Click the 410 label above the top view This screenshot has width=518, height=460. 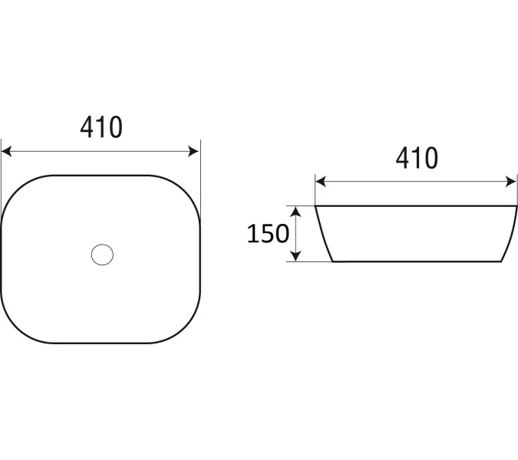101,127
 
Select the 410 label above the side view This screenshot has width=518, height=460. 417,158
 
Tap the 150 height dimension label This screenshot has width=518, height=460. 268,234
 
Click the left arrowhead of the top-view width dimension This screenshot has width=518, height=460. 6,151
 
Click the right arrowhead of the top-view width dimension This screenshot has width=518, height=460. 193,151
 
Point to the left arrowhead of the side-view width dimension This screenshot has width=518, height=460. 321,181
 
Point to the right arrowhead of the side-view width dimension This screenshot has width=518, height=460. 511,181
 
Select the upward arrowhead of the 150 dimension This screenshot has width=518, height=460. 295,212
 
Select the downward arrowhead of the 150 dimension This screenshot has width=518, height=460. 295,256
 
